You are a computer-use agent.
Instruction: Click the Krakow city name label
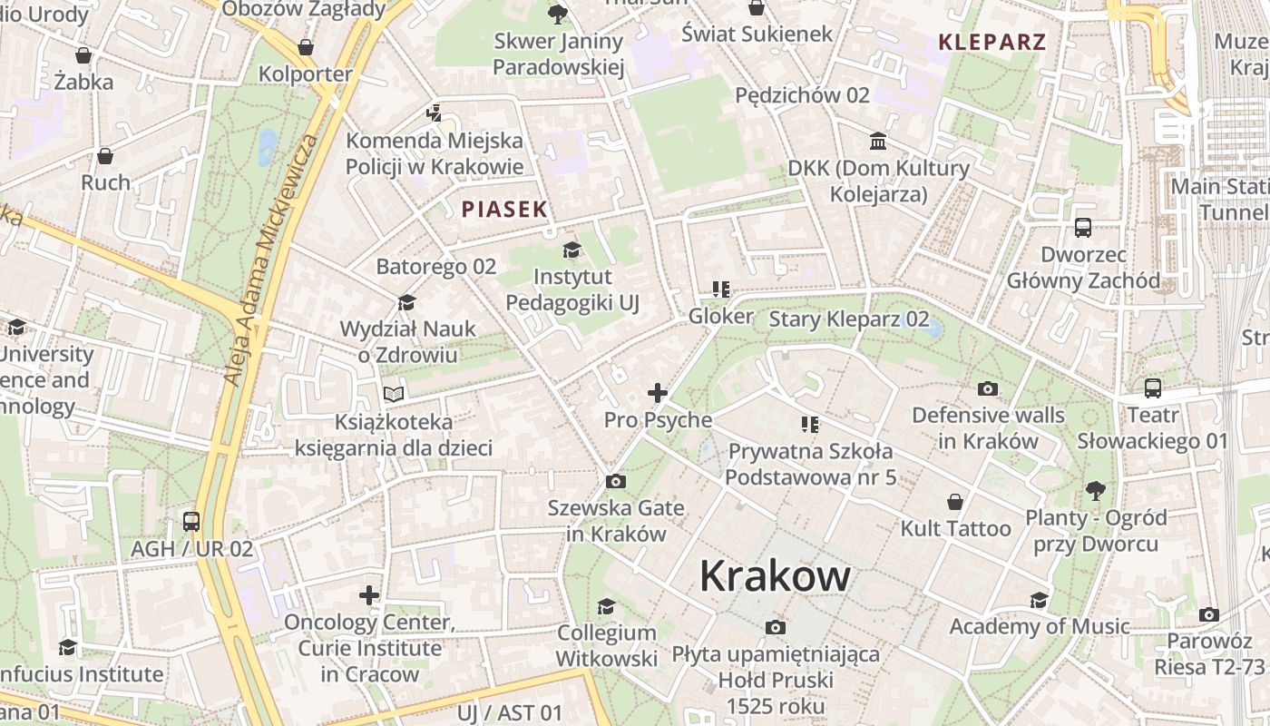pyautogui.click(x=775, y=575)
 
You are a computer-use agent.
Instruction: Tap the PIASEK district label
pyautogui.click(x=504, y=210)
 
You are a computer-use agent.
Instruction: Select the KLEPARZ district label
pyautogui.click(x=992, y=42)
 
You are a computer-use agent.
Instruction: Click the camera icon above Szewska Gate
pyautogui.click(x=616, y=481)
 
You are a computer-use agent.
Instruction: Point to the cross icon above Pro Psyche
pyautogui.click(x=658, y=393)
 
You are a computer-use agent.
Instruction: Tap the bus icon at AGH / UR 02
pyautogui.click(x=190, y=522)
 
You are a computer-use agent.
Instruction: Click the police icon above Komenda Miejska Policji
pyautogui.click(x=435, y=113)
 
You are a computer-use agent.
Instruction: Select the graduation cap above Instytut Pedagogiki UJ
pyautogui.click(x=571, y=250)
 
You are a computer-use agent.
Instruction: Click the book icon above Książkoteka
pyautogui.click(x=393, y=395)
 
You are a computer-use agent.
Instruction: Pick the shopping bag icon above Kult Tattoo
pyautogui.click(x=954, y=502)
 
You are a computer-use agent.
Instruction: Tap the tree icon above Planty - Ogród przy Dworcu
pyautogui.click(x=1096, y=491)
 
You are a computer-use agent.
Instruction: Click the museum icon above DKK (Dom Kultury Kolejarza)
pyautogui.click(x=878, y=142)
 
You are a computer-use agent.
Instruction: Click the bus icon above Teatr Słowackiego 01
pyautogui.click(x=1152, y=388)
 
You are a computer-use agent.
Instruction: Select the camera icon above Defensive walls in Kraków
pyautogui.click(x=988, y=389)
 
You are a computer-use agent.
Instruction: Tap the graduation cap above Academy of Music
pyautogui.click(x=1039, y=600)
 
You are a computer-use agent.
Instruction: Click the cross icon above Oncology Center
pyautogui.click(x=369, y=595)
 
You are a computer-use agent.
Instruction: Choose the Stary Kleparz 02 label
pyautogui.click(x=849, y=319)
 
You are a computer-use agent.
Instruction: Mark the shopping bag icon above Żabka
pyautogui.click(x=83, y=55)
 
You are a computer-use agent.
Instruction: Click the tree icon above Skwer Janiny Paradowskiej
pyautogui.click(x=558, y=14)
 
